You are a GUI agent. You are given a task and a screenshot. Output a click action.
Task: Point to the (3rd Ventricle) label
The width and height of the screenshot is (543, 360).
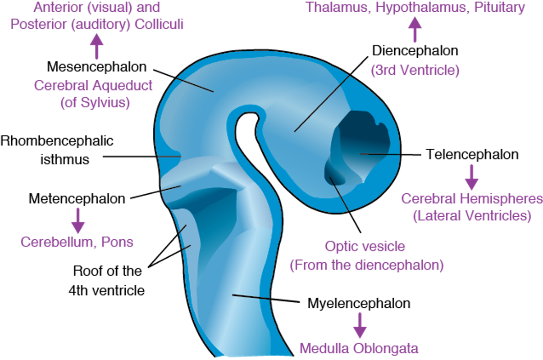tap(415, 71)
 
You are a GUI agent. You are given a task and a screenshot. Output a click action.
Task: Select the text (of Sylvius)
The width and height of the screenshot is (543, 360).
tap(95, 103)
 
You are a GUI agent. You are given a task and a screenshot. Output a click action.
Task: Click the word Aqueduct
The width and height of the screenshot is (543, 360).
tap(122, 86)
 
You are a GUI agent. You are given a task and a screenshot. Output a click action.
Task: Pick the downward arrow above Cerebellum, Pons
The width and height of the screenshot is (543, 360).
tap(78, 220)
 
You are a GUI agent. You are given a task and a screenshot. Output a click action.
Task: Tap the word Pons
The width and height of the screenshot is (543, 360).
tap(118, 242)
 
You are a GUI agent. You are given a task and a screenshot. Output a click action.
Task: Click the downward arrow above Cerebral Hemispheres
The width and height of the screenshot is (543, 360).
tap(471, 177)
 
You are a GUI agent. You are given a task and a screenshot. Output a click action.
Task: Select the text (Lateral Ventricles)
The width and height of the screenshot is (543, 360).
tap(472, 216)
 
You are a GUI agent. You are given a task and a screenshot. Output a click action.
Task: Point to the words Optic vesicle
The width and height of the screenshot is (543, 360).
tap(365, 246)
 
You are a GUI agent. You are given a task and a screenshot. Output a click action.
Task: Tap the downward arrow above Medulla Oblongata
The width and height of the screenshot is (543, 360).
tap(359, 325)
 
